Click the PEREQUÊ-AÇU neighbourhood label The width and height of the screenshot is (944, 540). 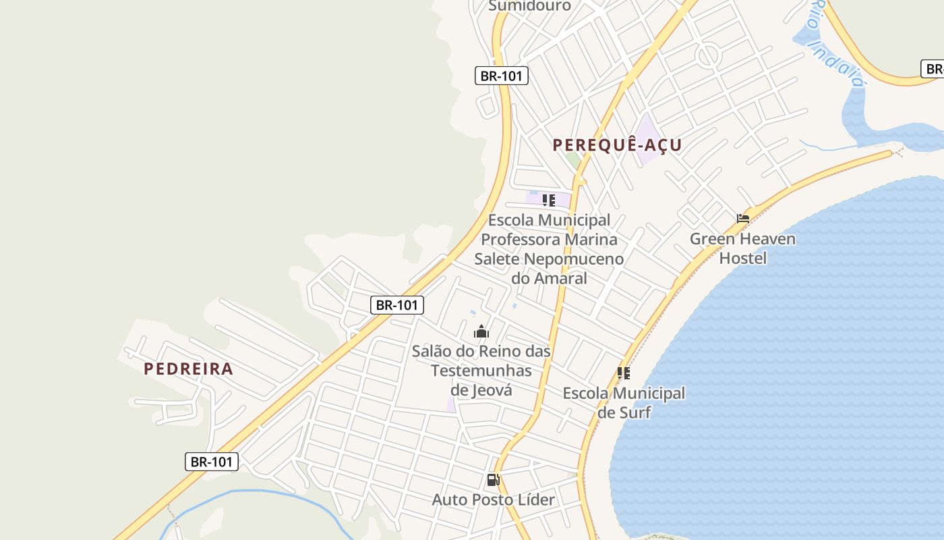click(x=617, y=145)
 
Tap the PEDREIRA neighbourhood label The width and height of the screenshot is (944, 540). click(x=188, y=369)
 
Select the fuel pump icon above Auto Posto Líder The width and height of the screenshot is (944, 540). click(x=493, y=481)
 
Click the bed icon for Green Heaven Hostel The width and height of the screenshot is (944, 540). click(x=743, y=219)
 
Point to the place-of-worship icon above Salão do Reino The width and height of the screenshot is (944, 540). click(x=481, y=331)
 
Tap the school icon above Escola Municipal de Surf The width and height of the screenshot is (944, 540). click(x=624, y=373)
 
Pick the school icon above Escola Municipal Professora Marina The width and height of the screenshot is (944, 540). click(x=549, y=200)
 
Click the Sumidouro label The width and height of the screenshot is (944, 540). click(x=529, y=6)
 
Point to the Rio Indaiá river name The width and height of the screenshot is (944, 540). click(x=836, y=44)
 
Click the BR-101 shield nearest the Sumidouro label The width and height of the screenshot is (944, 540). click(x=501, y=76)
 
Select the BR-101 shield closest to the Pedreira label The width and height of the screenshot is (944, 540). click(x=212, y=462)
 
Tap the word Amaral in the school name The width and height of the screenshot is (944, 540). click(x=561, y=278)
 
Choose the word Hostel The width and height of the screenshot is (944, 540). click(x=742, y=259)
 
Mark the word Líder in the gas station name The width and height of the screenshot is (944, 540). click(x=533, y=500)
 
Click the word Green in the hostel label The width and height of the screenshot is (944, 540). click(x=710, y=239)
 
